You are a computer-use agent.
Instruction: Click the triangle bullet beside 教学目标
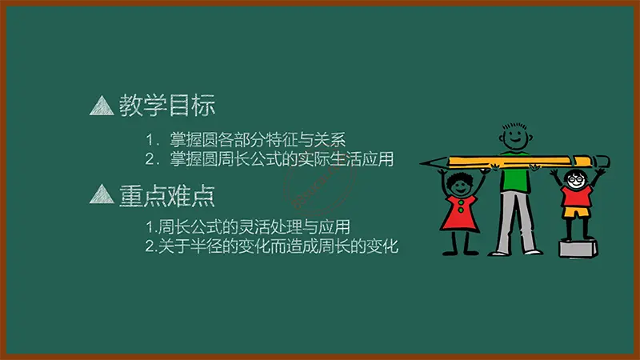point(102,106)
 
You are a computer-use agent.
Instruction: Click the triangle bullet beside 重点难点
point(102,194)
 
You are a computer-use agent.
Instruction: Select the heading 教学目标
point(167,106)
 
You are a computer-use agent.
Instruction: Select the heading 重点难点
point(167,195)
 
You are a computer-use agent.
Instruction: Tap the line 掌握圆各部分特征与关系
point(258,140)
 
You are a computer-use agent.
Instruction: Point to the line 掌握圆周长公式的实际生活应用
point(282,158)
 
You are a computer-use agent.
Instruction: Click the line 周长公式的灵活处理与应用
point(254,226)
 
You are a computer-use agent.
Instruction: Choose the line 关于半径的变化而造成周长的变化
point(278,246)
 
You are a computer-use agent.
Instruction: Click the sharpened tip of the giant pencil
point(421,163)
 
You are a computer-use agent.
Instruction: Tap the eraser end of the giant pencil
point(602,162)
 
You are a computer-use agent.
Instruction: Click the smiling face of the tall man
point(514,138)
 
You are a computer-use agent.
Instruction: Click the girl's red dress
point(459,214)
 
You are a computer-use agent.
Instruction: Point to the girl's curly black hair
point(459,179)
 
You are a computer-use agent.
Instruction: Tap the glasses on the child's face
point(576,178)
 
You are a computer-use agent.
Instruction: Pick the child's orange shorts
point(576,212)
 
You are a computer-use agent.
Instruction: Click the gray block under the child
point(578,249)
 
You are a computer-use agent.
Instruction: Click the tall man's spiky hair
point(514,126)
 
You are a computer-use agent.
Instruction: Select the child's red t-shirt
point(576,196)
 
